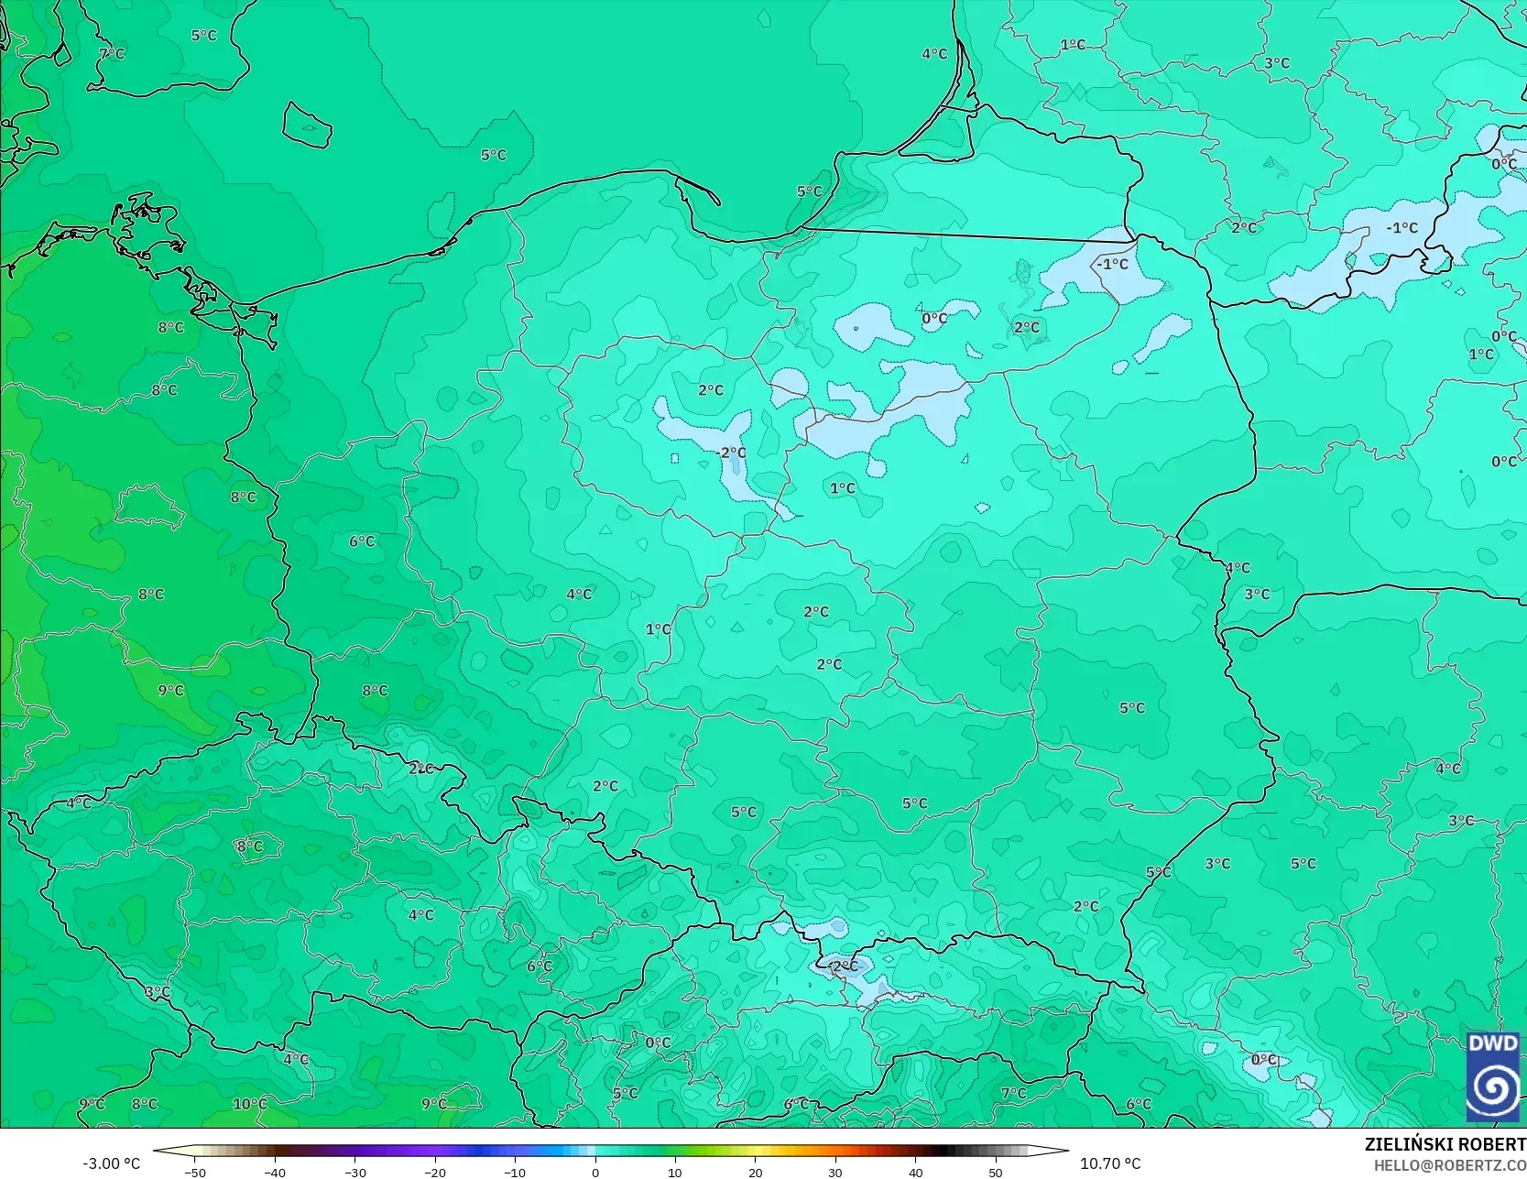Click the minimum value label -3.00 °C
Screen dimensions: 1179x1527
tap(112, 1163)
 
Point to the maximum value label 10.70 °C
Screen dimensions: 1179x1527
tap(1110, 1163)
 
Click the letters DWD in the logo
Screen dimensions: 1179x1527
tap(1493, 1043)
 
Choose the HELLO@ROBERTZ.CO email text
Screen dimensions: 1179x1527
tap(1450, 1164)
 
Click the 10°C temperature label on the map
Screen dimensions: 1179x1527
tap(250, 1104)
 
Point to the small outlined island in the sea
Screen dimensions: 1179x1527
tap(306, 125)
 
